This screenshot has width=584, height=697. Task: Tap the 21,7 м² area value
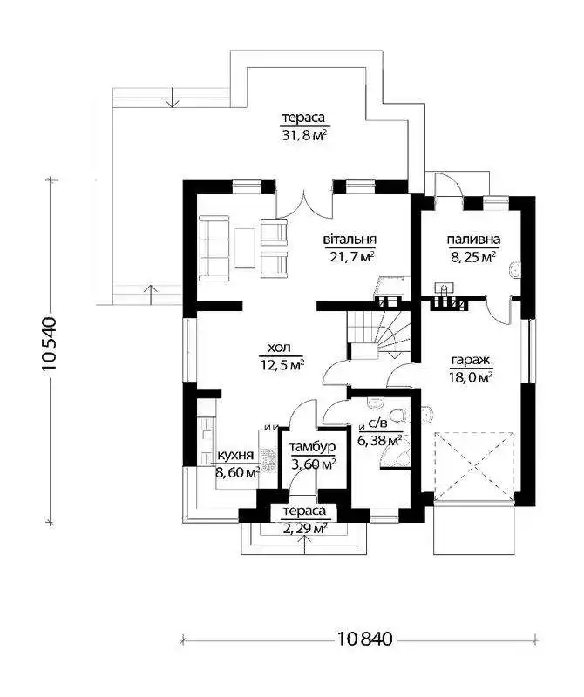351,256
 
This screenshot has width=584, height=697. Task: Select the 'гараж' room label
472,360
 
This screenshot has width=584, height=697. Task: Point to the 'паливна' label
473,239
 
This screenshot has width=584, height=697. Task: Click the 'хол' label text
279,347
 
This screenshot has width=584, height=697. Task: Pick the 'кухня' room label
235,455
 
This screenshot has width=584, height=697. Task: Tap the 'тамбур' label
312,447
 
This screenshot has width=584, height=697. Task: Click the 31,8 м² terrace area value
303,135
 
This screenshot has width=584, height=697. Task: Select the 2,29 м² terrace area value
306,529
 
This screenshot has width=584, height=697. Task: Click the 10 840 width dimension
364,639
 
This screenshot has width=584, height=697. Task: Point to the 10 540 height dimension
49,344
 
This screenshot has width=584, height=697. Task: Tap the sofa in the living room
214,248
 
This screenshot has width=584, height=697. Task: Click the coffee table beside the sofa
245,248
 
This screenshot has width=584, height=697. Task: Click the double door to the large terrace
304,206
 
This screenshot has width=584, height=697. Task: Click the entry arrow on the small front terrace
305,545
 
